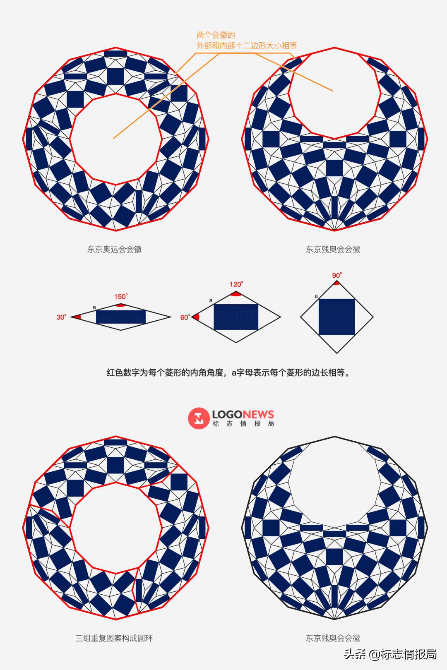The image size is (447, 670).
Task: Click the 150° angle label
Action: [x=121, y=297]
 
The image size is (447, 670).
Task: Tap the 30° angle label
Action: [x=61, y=317]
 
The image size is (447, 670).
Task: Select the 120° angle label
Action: [x=236, y=284]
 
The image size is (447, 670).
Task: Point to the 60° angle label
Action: [x=185, y=317]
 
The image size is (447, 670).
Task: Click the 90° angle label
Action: [x=336, y=276]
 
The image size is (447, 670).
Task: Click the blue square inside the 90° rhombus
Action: [x=336, y=317]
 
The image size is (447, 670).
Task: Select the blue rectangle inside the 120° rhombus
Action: [x=236, y=317]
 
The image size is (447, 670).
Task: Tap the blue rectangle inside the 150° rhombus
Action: [x=121, y=317]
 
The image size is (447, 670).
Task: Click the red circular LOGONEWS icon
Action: [x=199, y=418]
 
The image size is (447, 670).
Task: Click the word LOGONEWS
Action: [x=243, y=415]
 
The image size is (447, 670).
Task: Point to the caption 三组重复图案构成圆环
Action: [x=114, y=638]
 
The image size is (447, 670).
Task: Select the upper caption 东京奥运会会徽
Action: [x=114, y=249]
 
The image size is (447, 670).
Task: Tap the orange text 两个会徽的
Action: [x=216, y=36]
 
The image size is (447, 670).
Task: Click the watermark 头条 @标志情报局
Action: [x=390, y=654]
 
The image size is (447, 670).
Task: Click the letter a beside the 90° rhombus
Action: [x=316, y=296]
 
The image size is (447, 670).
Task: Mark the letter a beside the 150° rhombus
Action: [x=94, y=307]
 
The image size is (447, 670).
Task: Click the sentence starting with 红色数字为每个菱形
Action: [x=228, y=372]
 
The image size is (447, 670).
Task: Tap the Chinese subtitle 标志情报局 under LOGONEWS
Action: [x=243, y=424]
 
